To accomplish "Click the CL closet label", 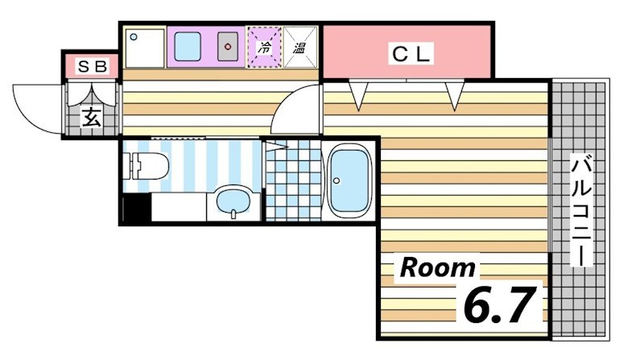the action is pyautogui.click(x=411, y=54).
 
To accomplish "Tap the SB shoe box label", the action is pyautogui.click(x=93, y=66).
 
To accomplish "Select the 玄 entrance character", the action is pyautogui.click(x=91, y=117).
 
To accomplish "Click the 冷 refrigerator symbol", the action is pyautogui.click(x=264, y=47).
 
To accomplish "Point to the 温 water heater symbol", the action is pyautogui.click(x=299, y=47).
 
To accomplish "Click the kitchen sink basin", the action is pyautogui.click(x=188, y=47).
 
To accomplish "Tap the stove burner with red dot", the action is pyautogui.click(x=228, y=47).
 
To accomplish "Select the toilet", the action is pyautogui.click(x=146, y=166).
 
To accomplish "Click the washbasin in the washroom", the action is pyautogui.click(x=233, y=202).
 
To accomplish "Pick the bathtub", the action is pyautogui.click(x=349, y=181).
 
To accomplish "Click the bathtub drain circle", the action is pyautogui.click(x=337, y=180).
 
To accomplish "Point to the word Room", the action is pyautogui.click(x=437, y=267).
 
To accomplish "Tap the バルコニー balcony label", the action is pyautogui.click(x=581, y=210).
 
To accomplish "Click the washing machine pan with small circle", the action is pyautogui.click(x=144, y=48).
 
